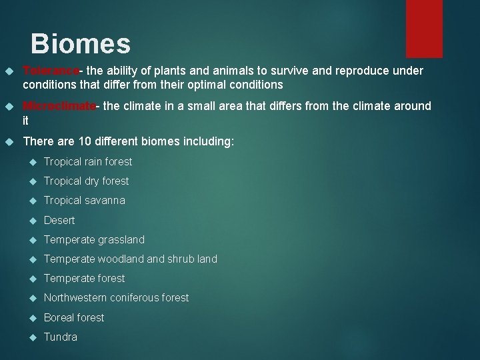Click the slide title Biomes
pyautogui.click(x=81, y=44)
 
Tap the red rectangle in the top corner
pyautogui.click(x=424, y=28)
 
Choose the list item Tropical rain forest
pyautogui.click(x=88, y=161)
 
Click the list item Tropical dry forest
pyautogui.click(x=86, y=181)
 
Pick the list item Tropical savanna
pyautogui.click(x=84, y=200)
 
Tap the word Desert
pyautogui.click(x=59, y=220)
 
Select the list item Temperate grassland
pyautogui.click(x=94, y=239)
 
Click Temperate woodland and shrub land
pyautogui.click(x=130, y=259)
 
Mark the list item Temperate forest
pyautogui.click(x=84, y=278)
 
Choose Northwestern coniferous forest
pyautogui.click(x=116, y=297)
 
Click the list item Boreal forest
pyautogui.click(x=74, y=317)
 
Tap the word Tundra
pyautogui.click(x=61, y=337)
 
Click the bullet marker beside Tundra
pyautogui.click(x=31, y=337)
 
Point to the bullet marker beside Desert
pyautogui.click(x=31, y=220)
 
